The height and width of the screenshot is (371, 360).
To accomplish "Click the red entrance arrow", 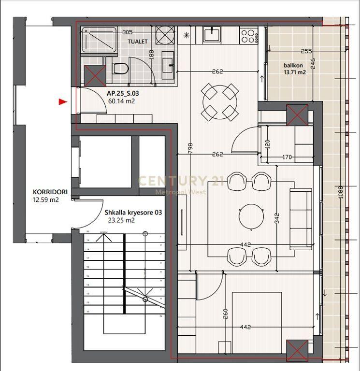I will [62, 101].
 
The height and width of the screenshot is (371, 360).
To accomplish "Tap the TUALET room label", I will [138, 42].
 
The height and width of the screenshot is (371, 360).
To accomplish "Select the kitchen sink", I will [212, 34].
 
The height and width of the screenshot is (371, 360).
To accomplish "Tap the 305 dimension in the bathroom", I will [128, 32].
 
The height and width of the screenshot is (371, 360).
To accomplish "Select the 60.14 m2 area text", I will [121, 101].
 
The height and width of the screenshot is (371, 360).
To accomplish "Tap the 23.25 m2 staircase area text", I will [121, 220].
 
